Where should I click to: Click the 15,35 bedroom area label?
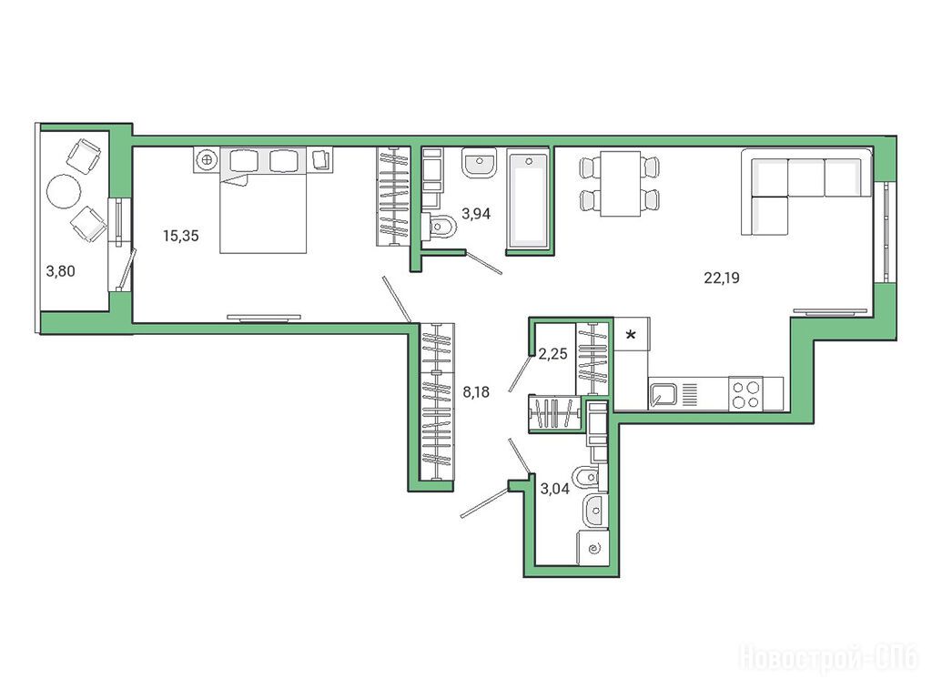pyautogui.click(x=181, y=236)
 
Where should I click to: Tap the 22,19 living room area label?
pyautogui.click(x=722, y=278)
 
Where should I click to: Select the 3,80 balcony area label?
pyautogui.click(x=61, y=271)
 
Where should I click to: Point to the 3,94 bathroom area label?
pyautogui.click(x=476, y=213)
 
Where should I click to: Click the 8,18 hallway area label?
pyautogui.click(x=476, y=391)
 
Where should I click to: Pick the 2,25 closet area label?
pyautogui.click(x=552, y=354)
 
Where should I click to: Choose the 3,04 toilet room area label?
pyautogui.click(x=554, y=489)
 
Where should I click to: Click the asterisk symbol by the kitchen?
pyautogui.click(x=631, y=335)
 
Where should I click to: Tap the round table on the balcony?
pyautogui.click(x=64, y=191)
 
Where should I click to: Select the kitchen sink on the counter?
pyautogui.click(x=664, y=394)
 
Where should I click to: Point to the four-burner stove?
pyautogui.click(x=746, y=394)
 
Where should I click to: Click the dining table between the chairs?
pyautogui.click(x=619, y=184)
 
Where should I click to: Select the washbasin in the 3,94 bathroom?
pyautogui.click(x=480, y=163)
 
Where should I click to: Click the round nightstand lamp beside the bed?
pyautogui.click(x=207, y=160)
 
